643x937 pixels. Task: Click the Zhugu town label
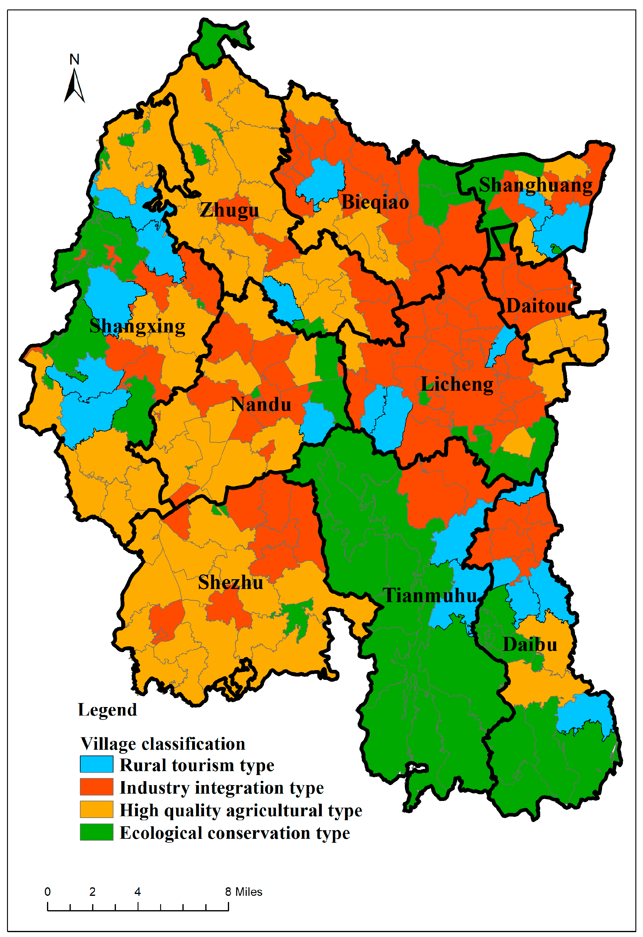[x=229, y=210]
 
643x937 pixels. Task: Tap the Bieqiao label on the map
[x=375, y=202]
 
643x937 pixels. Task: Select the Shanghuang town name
[x=536, y=185]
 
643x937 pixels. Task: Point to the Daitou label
[x=537, y=306]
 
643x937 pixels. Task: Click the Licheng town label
[x=457, y=384]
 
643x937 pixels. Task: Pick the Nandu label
[x=261, y=404]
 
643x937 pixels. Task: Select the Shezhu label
[x=230, y=583]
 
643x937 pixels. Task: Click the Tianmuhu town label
[x=430, y=595]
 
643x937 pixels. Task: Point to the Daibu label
[x=530, y=644]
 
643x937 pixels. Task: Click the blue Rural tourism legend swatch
[x=96, y=764]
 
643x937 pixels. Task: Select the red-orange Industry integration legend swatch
[x=96, y=787]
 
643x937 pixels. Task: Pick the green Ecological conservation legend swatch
[x=96, y=832]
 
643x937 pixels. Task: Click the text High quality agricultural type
[x=241, y=810]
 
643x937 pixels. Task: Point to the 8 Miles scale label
[x=243, y=892]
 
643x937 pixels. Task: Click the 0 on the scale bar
[x=48, y=892]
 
